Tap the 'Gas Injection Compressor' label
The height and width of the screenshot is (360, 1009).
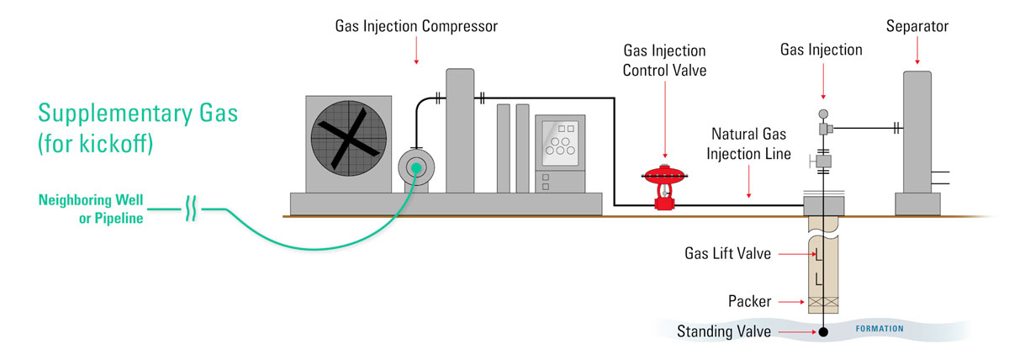pos(415,26)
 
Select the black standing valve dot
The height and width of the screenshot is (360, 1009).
pos(823,332)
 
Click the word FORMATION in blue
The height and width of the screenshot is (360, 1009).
pos(880,329)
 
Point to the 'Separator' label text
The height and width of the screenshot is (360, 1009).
pos(917,27)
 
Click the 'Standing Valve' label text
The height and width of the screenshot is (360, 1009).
pos(724,331)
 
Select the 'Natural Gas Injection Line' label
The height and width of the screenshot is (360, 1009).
pos(750,144)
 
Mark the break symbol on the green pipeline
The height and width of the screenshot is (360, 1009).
pos(191,208)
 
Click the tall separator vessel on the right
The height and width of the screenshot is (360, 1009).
pos(917,135)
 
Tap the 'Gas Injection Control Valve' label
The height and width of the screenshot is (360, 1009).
pos(664,61)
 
